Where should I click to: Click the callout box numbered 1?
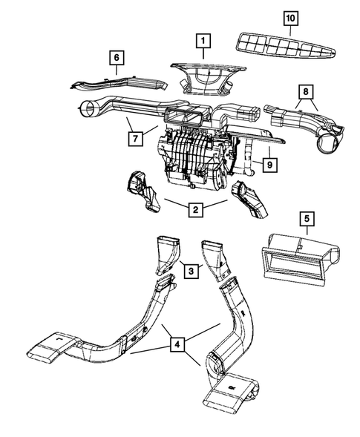203,41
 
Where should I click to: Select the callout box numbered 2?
195,209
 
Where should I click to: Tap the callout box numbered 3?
191,271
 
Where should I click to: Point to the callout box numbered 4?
177,344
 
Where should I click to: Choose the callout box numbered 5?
307,219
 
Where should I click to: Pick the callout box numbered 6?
117,58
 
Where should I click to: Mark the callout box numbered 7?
136,138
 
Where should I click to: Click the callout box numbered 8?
306,92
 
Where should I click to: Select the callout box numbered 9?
269,165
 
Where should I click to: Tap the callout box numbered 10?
291,19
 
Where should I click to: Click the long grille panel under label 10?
286,46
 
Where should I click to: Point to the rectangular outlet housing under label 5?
301,260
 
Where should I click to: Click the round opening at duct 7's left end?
88,109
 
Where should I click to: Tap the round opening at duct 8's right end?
328,143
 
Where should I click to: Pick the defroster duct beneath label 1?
209,79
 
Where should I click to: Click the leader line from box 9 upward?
269,152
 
